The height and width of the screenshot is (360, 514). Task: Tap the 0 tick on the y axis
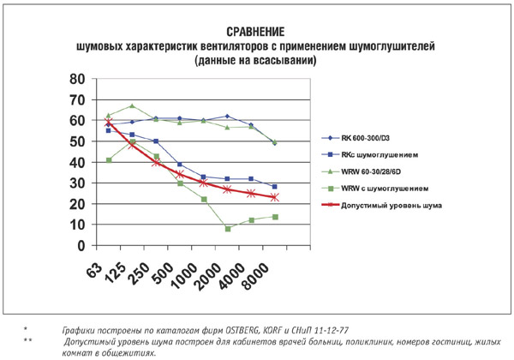point(81,245)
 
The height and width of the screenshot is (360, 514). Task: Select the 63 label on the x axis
point(96,272)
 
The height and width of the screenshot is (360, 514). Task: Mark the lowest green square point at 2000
point(227,229)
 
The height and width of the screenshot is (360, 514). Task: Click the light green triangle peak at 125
point(131,106)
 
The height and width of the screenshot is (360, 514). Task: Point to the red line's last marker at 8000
point(274,197)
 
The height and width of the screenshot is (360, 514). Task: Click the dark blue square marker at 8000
point(274,187)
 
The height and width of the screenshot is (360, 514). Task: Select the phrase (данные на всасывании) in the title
point(255,60)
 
